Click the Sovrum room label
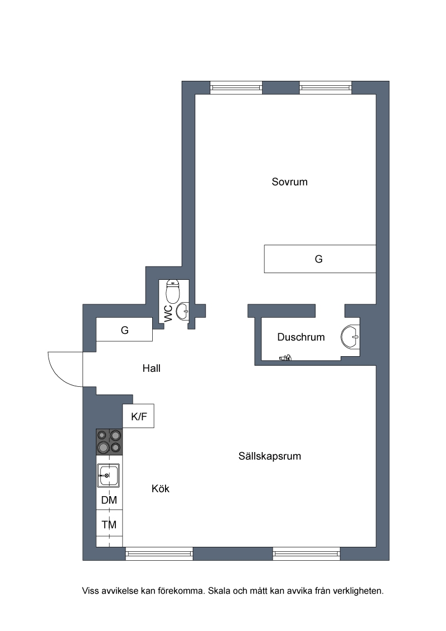click(289, 182)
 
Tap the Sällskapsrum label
click(270, 456)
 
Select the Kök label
click(160, 488)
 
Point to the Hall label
click(151, 368)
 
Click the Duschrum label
click(300, 337)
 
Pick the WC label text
click(169, 313)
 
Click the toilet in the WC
click(173, 291)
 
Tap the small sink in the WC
click(183, 311)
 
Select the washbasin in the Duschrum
click(350, 336)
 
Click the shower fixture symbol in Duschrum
click(285, 357)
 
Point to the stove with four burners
click(109, 442)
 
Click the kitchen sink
click(108, 475)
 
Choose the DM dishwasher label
click(109, 500)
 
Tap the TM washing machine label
click(109, 525)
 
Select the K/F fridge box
click(138, 416)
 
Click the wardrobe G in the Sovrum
click(320, 259)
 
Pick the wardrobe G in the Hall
click(124, 329)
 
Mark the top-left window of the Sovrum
click(236, 88)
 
